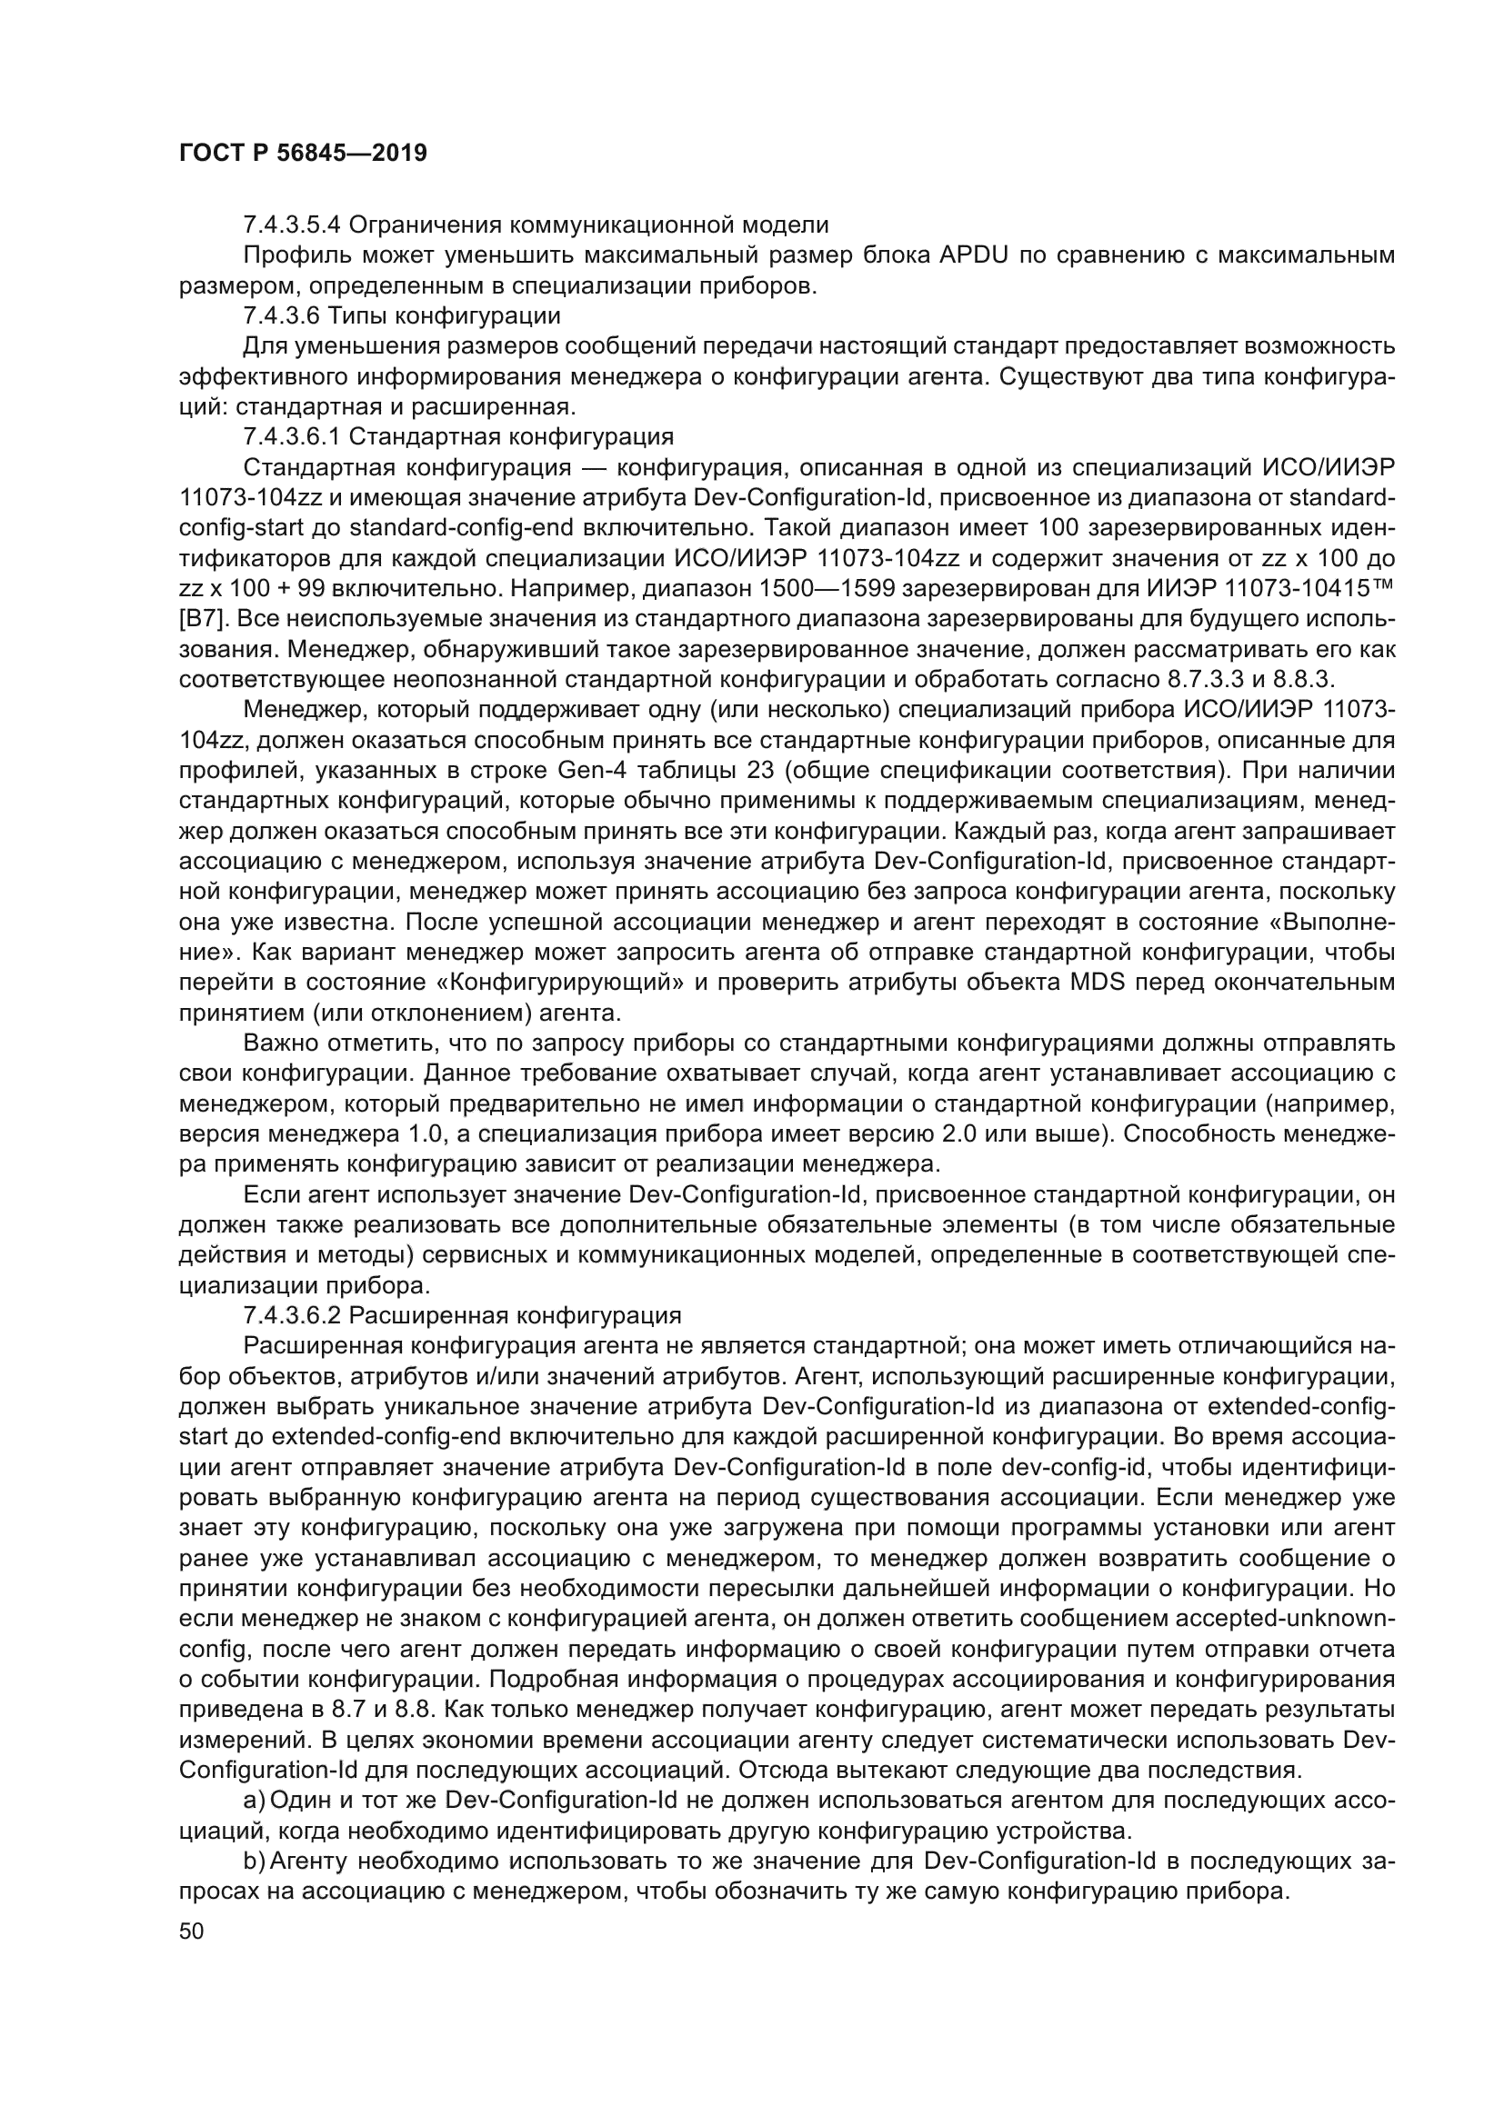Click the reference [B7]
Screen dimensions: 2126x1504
(196, 620)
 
